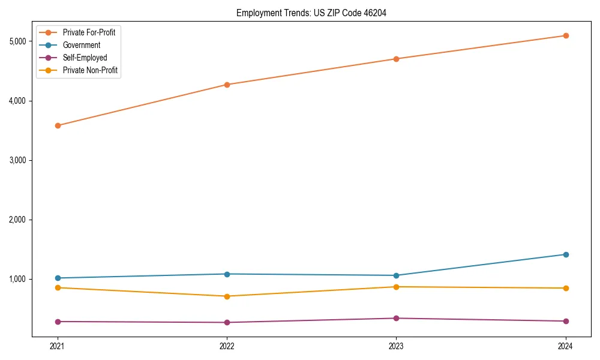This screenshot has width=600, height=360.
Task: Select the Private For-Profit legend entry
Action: pos(89,32)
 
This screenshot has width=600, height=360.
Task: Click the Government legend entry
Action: pos(82,45)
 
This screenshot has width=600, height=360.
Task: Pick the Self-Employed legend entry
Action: pos(85,58)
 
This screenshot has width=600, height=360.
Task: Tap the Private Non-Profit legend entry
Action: pos(90,70)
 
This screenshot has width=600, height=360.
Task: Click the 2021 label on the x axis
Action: pos(58,346)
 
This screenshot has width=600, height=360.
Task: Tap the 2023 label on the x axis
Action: pos(396,346)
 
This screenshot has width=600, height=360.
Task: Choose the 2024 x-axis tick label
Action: pos(565,346)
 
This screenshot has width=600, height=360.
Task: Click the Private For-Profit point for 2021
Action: pos(58,125)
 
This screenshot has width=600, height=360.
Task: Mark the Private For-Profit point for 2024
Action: pos(565,35)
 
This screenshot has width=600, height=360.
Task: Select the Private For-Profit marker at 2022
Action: pos(227,85)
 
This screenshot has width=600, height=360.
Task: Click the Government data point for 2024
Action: pos(565,254)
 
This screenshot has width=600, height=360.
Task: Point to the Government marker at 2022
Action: pos(227,274)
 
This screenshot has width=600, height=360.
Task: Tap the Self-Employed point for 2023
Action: pos(396,318)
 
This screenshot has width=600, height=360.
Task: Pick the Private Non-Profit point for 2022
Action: pos(227,296)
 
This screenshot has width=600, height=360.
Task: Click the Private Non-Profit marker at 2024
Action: pos(565,288)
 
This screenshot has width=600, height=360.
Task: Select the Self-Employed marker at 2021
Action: pos(58,322)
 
